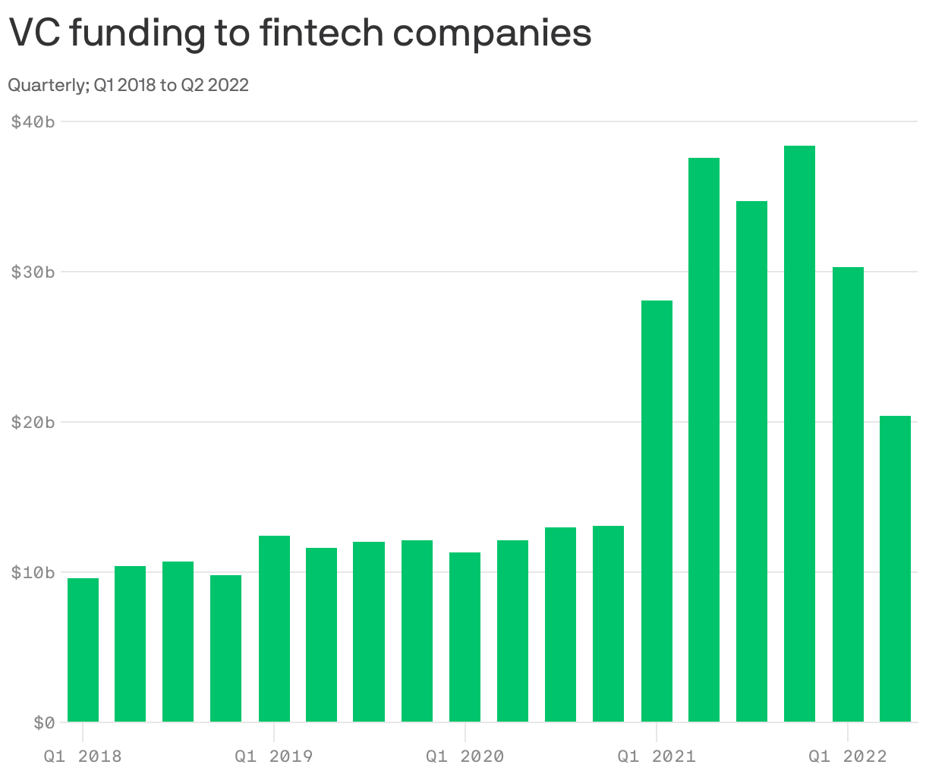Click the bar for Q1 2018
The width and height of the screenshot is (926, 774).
tap(83, 650)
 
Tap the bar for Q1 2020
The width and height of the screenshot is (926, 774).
tap(465, 637)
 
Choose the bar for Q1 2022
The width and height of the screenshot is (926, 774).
tap(848, 494)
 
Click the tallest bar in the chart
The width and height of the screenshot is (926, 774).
tap(799, 433)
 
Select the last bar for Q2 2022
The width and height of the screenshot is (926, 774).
tap(895, 568)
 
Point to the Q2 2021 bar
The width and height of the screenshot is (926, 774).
tap(704, 439)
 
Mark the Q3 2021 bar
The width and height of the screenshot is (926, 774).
tap(751, 461)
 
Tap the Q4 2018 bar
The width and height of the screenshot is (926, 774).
tap(225, 648)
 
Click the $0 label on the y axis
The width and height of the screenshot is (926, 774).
tap(44, 722)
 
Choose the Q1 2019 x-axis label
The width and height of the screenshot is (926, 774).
tap(273, 757)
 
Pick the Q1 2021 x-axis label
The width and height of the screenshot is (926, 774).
tap(656, 757)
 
